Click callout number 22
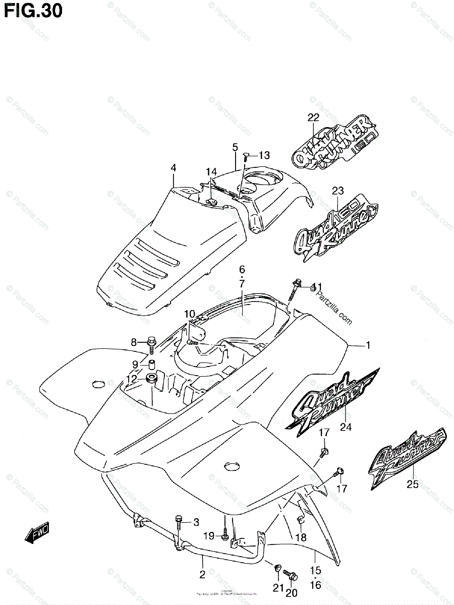tap(314, 118)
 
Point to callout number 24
tap(346, 428)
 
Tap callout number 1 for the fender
tap(368, 345)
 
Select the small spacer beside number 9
tap(151, 364)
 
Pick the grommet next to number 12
tap(150, 378)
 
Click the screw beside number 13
tap(245, 156)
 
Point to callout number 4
tap(173, 167)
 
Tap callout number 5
tap(235, 147)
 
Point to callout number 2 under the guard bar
tap(202, 574)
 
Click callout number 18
tap(301, 537)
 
